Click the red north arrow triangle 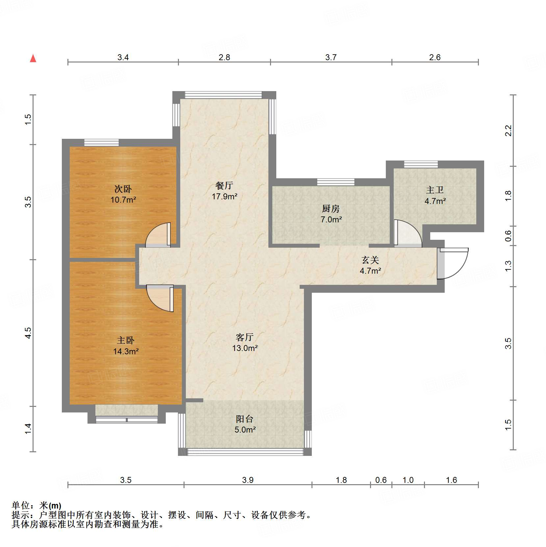33,59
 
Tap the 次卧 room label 123,189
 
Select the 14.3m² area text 126,351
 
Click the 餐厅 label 224,186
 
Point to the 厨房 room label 331,209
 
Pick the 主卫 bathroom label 435,190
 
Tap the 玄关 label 370,260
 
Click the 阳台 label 245,419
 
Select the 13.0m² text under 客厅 245,348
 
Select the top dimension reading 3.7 331,57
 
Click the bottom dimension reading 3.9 248,480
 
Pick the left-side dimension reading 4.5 28,333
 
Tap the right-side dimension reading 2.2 508,131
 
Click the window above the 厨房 336,182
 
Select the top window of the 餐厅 223,95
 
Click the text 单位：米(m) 36,505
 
